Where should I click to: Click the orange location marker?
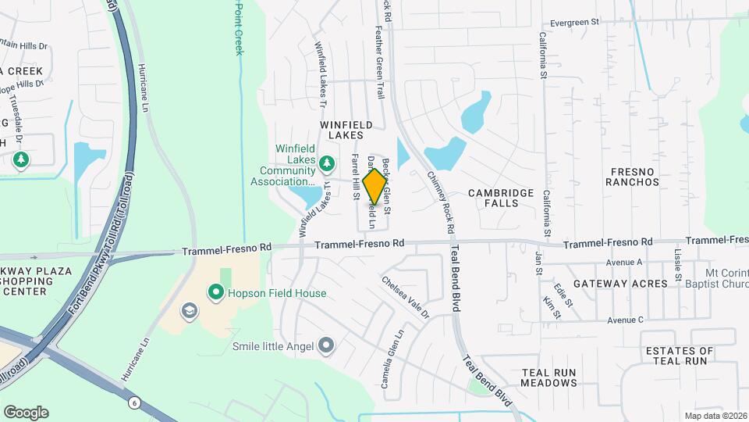[x=376, y=187]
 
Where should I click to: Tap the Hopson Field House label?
[x=277, y=293]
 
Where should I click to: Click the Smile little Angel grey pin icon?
[x=326, y=345]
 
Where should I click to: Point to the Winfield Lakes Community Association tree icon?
[x=328, y=163]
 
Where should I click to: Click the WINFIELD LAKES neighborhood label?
[x=341, y=130]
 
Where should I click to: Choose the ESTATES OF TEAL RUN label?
[x=680, y=356]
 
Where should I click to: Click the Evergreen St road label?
[x=573, y=23]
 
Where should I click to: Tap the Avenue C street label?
[x=626, y=320]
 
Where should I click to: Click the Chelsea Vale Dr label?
[x=406, y=297]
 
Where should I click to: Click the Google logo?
[x=26, y=413]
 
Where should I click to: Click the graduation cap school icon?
[x=188, y=312]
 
